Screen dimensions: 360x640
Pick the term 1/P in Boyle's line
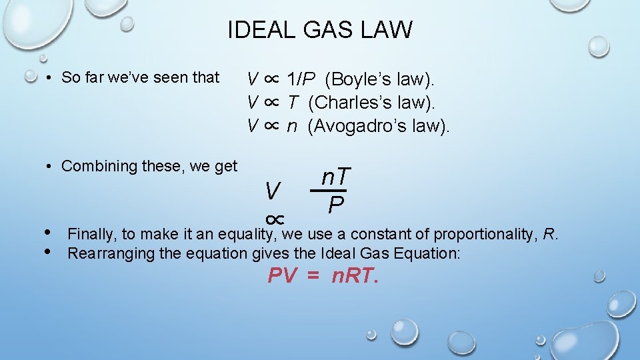pos(301,80)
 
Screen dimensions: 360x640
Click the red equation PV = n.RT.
pos(323,275)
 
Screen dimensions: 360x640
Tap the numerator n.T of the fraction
pos(335,177)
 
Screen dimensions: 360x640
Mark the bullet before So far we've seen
pos(50,78)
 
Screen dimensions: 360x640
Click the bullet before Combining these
pos(50,167)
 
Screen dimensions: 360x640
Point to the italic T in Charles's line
pos(293,103)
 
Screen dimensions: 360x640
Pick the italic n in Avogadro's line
pos(292,125)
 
